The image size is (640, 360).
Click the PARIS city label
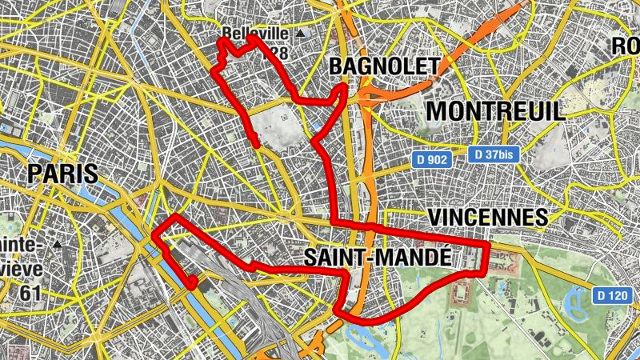[x=62, y=173]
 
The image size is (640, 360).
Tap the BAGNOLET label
[x=384, y=66]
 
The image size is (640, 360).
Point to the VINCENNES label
[x=487, y=217]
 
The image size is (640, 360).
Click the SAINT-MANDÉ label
[x=375, y=257]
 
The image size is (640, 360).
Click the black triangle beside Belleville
[x=300, y=34]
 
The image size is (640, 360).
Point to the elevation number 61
[x=30, y=293]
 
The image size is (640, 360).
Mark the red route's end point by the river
[x=192, y=282]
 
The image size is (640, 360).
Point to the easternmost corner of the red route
[x=489, y=242]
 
